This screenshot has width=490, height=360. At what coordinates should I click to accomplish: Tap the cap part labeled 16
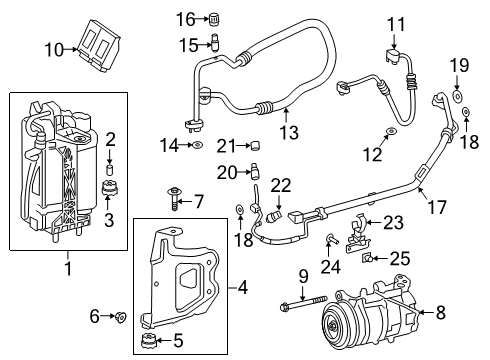coord(212,18)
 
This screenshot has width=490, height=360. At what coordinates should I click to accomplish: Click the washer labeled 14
coord(197,146)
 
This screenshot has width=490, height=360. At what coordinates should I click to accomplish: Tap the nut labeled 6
coord(120,318)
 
